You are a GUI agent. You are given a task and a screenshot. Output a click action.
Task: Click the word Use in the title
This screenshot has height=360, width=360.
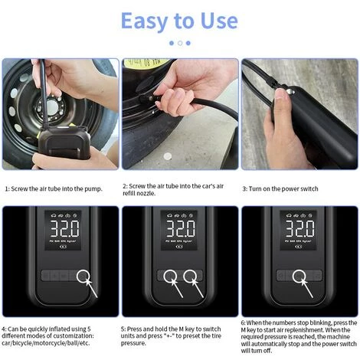[219, 21]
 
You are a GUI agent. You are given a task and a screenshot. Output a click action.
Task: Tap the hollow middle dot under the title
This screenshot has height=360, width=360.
[180, 43]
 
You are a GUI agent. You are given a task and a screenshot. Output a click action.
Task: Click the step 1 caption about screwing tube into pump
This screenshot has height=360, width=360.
[54, 189]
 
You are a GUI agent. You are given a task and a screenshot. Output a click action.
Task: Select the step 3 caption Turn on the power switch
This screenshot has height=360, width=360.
[280, 189]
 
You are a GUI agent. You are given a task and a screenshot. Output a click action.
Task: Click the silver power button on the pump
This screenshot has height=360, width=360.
[290, 91]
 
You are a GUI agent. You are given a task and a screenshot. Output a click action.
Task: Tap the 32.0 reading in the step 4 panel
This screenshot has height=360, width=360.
[64, 228]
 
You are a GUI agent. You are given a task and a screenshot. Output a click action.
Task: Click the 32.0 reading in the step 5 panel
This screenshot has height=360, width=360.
[181, 228]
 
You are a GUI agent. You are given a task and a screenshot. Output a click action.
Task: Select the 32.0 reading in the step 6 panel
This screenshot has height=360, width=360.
[299, 228]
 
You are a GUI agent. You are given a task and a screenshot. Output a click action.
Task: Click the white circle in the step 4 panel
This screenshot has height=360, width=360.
[83, 276]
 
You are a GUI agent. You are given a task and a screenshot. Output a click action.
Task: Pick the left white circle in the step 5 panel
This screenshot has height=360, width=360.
[170, 276]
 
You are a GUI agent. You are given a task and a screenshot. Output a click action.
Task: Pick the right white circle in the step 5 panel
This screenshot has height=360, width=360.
[190, 276]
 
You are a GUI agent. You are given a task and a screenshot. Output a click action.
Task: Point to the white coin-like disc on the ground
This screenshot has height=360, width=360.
[168, 156]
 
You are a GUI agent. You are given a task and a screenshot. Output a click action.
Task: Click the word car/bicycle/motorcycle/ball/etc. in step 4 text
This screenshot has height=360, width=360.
[46, 343]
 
